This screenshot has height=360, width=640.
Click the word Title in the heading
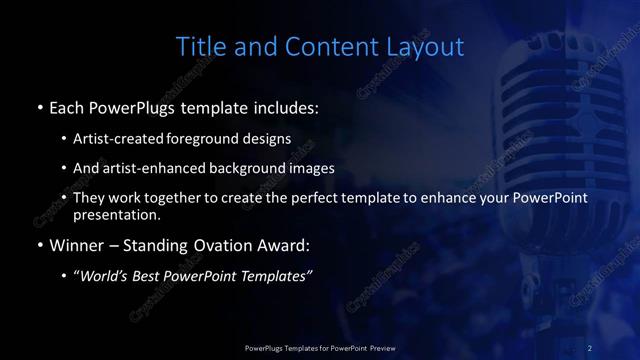198,47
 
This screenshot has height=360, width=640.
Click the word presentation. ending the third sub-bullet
116,214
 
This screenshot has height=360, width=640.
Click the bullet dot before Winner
39,245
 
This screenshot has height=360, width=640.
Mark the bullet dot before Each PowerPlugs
39,106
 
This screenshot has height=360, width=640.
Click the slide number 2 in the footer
590,347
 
